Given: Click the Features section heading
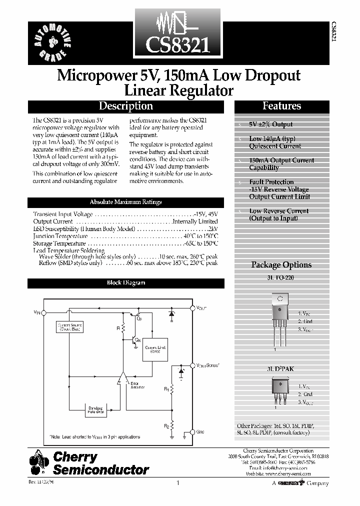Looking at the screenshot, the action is click(x=282, y=106).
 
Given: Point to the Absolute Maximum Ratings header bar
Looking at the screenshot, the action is click(x=125, y=202).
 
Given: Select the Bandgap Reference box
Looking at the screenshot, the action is click(x=96, y=409).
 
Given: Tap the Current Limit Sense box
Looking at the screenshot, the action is click(x=155, y=349).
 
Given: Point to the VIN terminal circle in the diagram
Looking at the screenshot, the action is click(x=43, y=312).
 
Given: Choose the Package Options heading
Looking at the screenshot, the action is click(x=281, y=265).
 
